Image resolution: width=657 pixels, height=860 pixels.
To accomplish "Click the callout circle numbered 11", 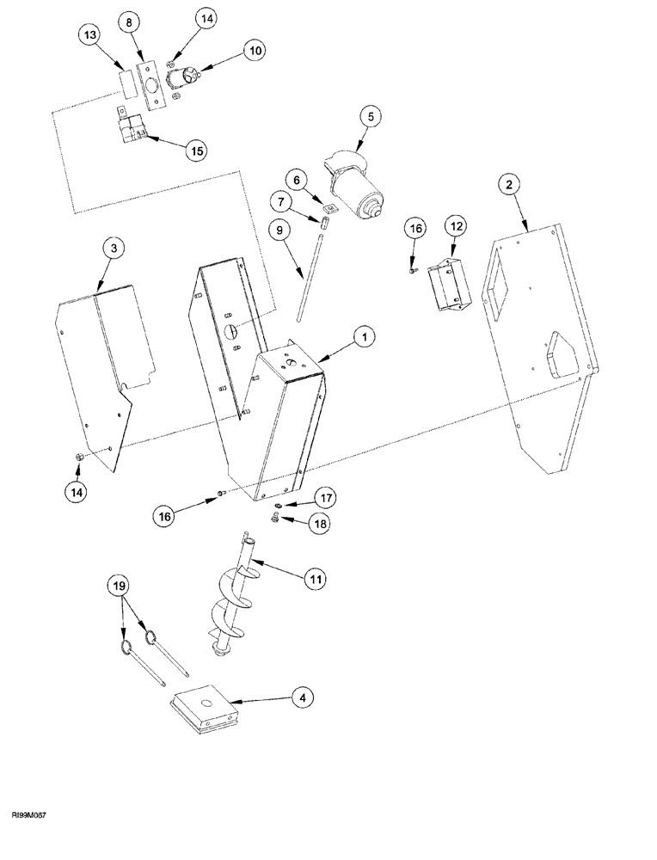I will coord(316,580).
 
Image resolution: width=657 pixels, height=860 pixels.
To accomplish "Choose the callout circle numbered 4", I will coord(298,699).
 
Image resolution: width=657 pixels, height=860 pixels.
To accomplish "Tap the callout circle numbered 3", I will coord(114,249).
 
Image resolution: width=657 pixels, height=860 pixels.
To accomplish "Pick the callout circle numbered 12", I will coord(454,225).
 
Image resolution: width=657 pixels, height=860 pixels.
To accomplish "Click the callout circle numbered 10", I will coord(255,52).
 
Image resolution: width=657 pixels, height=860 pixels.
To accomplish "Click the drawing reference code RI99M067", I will coord(28,837).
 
